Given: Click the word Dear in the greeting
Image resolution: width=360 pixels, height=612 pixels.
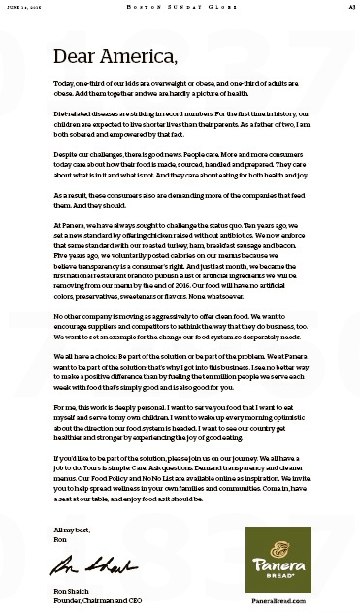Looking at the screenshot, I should tap(79, 55).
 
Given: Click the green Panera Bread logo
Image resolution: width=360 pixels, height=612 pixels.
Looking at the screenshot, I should tap(278, 559).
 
